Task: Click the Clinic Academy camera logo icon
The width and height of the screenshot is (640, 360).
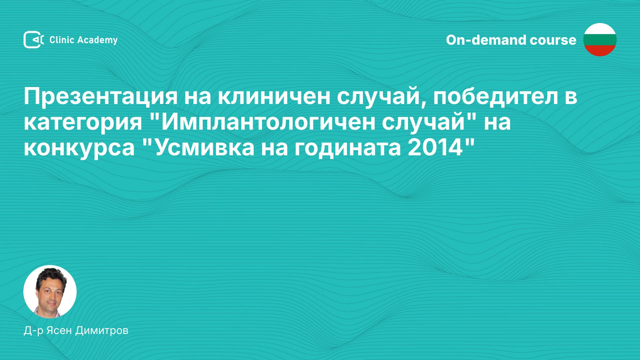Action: (33, 40)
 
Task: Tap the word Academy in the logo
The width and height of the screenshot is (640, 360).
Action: (97, 40)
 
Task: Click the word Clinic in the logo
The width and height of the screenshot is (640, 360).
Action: (61, 40)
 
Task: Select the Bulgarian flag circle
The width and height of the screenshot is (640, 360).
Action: (600, 40)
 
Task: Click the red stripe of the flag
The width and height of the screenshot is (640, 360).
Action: (600, 51)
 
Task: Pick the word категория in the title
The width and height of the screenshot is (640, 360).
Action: (83, 122)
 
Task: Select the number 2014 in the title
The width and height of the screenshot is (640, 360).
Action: (435, 148)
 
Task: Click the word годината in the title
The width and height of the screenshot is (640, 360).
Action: (347, 148)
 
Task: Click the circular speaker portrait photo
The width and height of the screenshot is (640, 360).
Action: (50, 292)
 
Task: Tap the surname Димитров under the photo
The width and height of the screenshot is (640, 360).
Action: (102, 330)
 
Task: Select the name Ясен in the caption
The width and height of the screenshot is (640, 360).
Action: (59, 330)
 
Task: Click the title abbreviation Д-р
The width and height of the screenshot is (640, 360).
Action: (33, 331)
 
